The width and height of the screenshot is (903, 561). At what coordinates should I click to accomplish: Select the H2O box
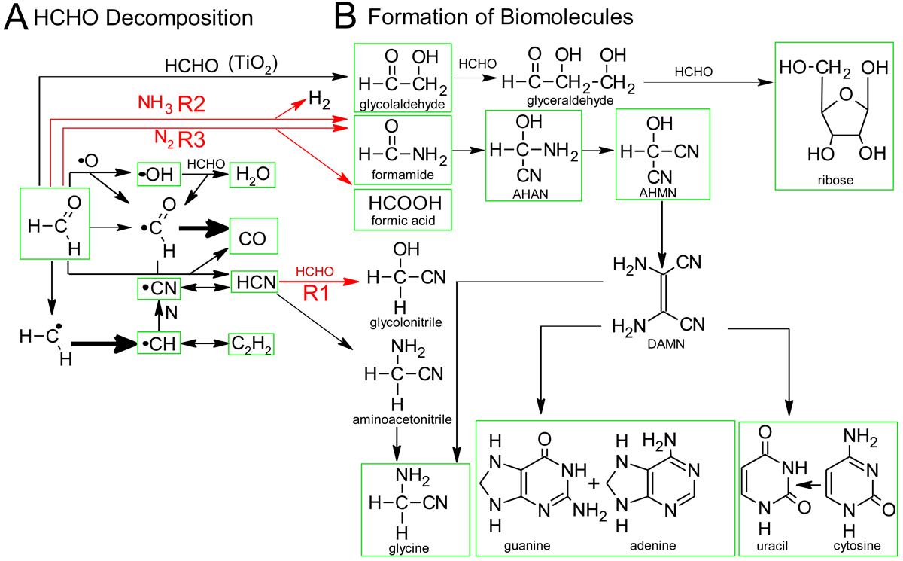[x=251, y=175]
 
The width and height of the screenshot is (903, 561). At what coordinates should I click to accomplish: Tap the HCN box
[x=254, y=282]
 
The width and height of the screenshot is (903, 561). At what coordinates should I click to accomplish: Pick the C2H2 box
[x=251, y=344]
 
